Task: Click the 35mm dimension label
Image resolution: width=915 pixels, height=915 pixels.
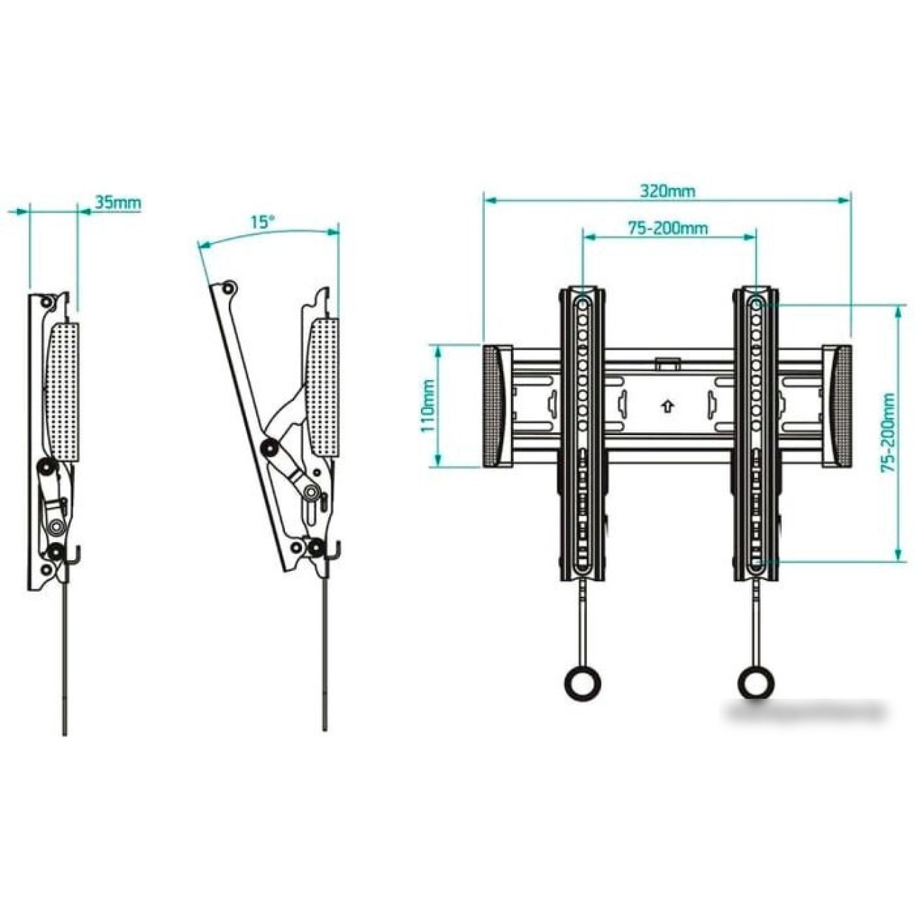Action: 118,202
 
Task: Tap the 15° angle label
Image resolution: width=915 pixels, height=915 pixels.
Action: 263,222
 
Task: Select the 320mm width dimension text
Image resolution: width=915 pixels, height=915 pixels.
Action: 668,191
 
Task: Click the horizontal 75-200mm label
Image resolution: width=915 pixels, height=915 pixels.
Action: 668,228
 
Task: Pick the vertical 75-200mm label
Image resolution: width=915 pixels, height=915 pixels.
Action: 888,432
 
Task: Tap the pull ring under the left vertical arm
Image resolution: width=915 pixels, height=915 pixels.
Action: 582,683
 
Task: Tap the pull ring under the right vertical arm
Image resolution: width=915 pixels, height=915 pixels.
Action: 755,683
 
